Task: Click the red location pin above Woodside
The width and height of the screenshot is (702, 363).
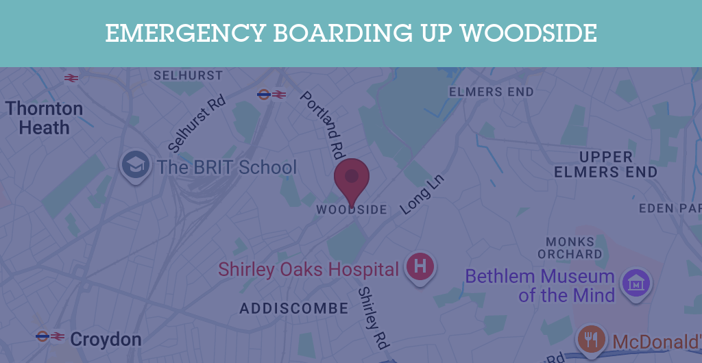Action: [x=352, y=177]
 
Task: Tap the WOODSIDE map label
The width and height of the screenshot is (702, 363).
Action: [x=352, y=210]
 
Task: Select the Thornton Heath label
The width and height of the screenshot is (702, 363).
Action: [x=45, y=118]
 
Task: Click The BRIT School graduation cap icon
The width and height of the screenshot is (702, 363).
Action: [x=136, y=165]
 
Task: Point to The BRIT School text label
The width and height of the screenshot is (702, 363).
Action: [x=227, y=167]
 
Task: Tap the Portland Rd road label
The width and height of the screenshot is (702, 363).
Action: [x=322, y=123]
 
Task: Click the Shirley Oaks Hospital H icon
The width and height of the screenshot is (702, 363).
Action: [x=421, y=266]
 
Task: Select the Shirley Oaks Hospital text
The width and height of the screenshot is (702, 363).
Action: [x=308, y=269]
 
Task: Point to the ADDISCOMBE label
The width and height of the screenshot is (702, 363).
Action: [x=294, y=309]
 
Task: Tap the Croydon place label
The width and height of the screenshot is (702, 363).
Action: [x=106, y=339]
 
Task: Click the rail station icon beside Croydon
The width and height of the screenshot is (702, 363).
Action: [x=51, y=336]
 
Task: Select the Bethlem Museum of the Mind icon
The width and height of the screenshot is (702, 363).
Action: [x=636, y=282]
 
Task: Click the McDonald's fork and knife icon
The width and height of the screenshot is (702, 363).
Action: [x=591, y=338]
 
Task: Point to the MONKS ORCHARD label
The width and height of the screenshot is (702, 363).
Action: [x=570, y=248]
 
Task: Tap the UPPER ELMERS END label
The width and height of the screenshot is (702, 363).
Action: [x=605, y=165]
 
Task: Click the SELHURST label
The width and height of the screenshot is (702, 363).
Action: [x=188, y=75]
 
